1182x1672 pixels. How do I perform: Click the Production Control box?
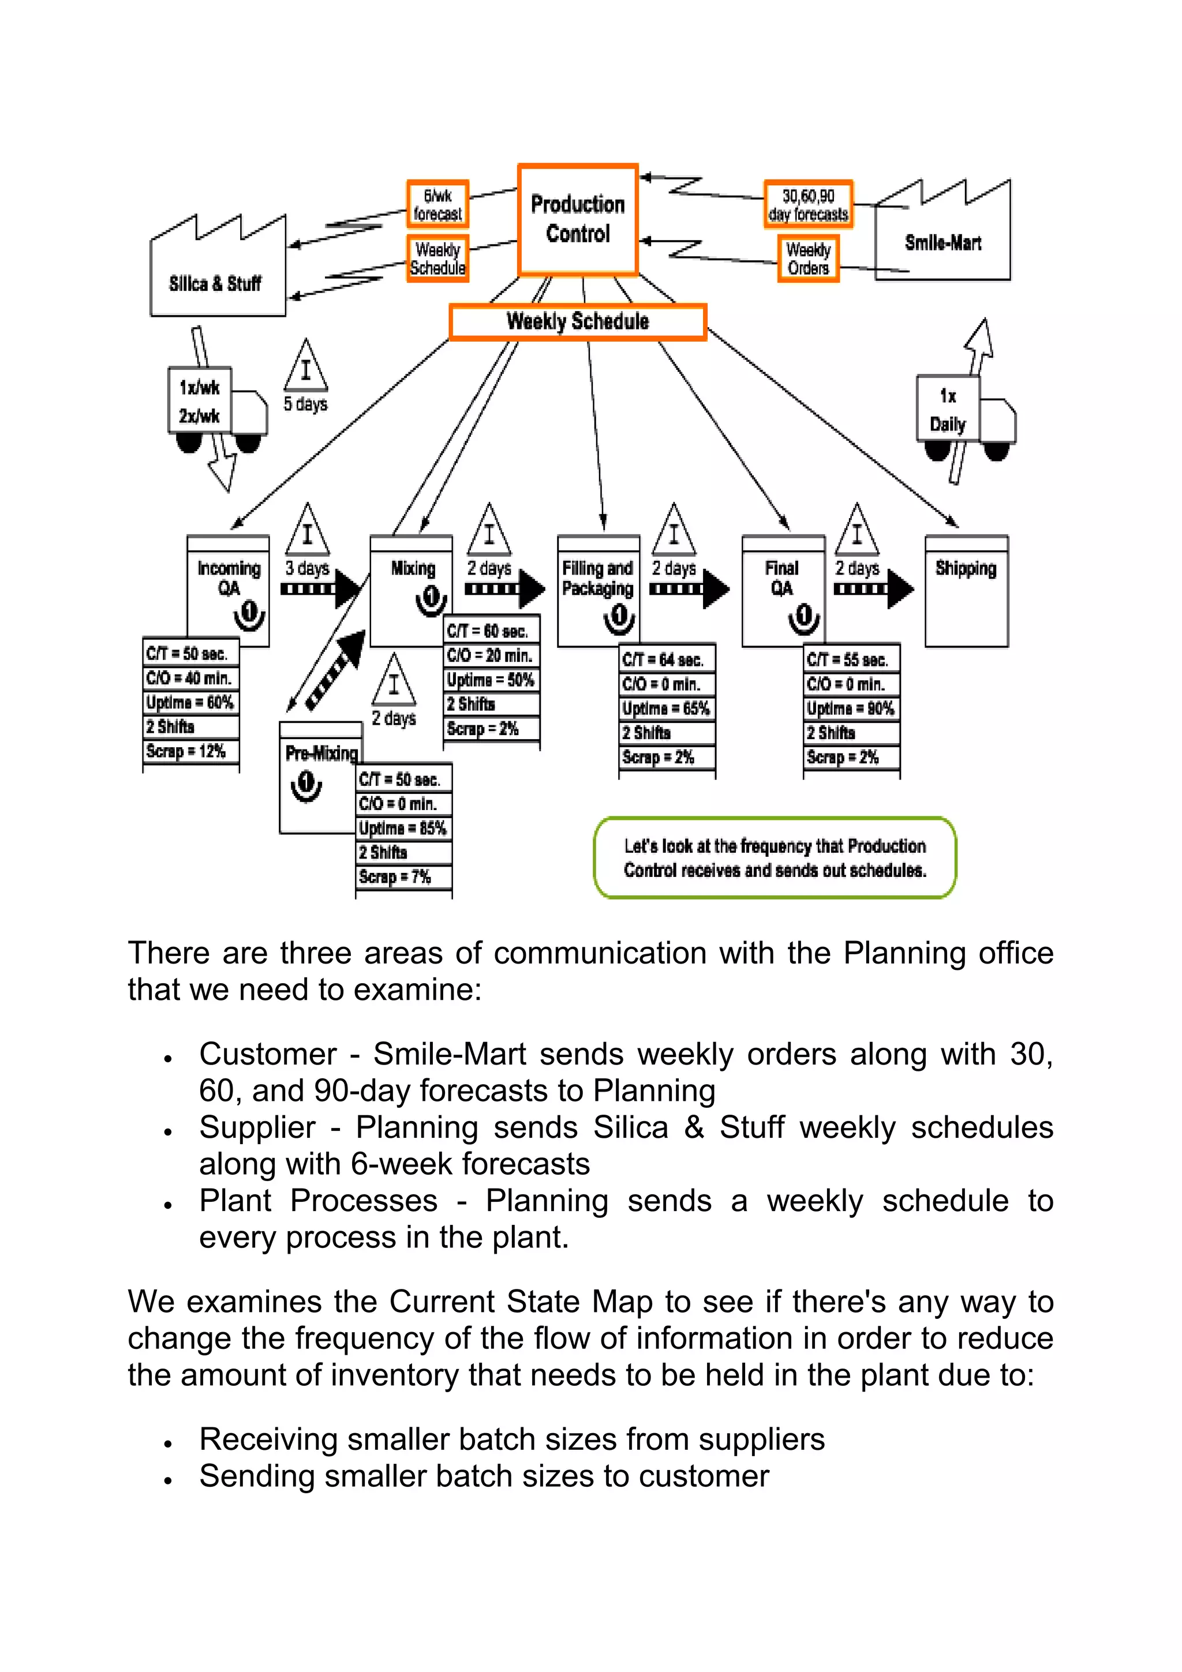point(578,219)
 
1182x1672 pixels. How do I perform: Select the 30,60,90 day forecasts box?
point(807,205)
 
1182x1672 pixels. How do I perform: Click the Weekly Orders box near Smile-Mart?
point(807,258)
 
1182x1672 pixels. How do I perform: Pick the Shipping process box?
point(966,591)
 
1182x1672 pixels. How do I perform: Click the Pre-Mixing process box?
point(320,777)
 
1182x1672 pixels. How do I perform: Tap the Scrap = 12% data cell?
point(191,751)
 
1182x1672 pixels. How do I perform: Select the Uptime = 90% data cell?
point(851,708)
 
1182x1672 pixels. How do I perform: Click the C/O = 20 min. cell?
point(491,655)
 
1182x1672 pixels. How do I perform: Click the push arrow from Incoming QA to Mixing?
point(319,588)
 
